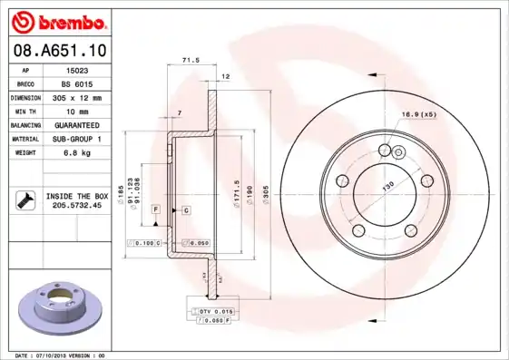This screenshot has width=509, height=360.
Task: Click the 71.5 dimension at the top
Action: [x=191, y=60]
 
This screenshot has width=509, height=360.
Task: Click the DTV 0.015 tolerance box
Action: [x=210, y=311]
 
